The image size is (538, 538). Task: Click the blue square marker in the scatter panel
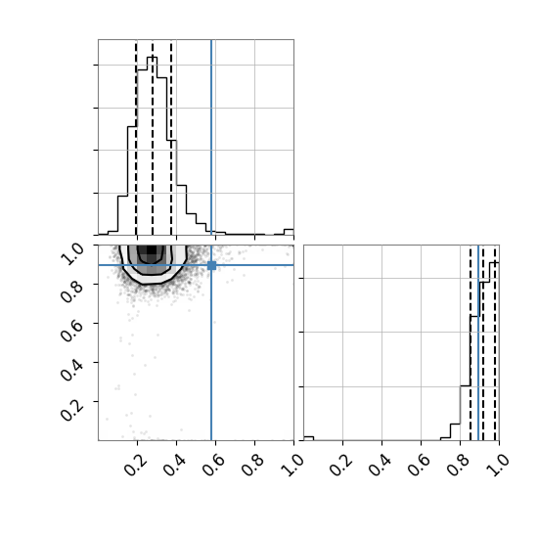pyautogui.click(x=211, y=265)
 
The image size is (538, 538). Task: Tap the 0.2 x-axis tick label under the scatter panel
pyautogui.click(x=136, y=465)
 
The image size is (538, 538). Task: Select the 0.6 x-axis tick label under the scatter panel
pyautogui.click(x=214, y=465)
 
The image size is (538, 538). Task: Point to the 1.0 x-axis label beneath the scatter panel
pyautogui.click(x=292, y=465)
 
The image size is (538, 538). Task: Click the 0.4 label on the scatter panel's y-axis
pyautogui.click(x=71, y=370)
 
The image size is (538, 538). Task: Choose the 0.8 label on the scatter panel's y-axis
pyautogui.click(x=71, y=291)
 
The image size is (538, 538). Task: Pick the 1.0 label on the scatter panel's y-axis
pyautogui.click(x=71, y=254)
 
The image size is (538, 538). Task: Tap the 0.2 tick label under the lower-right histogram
pyautogui.click(x=341, y=465)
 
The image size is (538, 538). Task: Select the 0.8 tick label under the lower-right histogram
pyautogui.click(x=459, y=465)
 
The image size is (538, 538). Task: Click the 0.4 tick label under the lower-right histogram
pyautogui.click(x=381, y=465)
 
